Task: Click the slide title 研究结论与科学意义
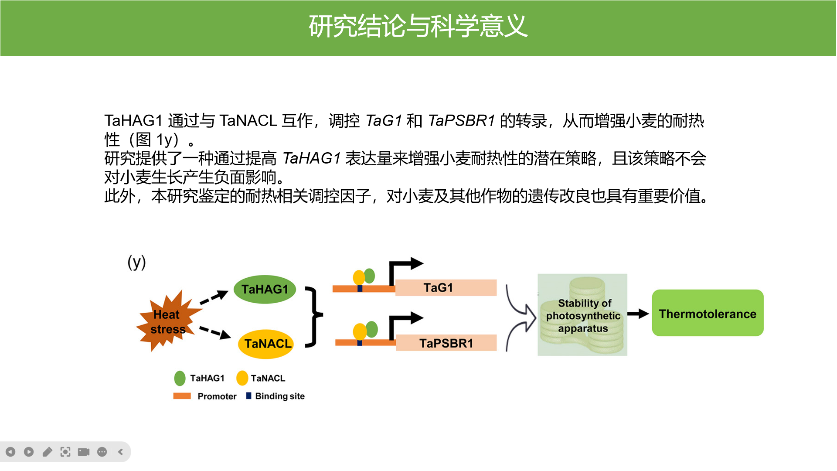pyautogui.click(x=418, y=26)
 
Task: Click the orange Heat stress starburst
pyautogui.click(x=167, y=321)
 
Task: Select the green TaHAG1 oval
pyautogui.click(x=265, y=289)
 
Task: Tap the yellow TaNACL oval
pyautogui.click(x=266, y=344)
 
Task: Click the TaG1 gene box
pyautogui.click(x=446, y=288)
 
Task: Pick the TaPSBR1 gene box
pyautogui.click(x=446, y=343)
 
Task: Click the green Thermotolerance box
pyautogui.click(x=707, y=313)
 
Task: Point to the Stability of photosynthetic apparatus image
pyautogui.click(x=582, y=315)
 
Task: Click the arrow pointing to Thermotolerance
pyautogui.click(x=638, y=314)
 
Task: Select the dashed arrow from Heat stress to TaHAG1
pyautogui.click(x=214, y=297)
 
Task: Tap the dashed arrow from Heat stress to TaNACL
pyautogui.click(x=215, y=332)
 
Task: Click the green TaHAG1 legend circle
pyautogui.click(x=180, y=378)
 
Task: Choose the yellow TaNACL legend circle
pyautogui.click(x=242, y=378)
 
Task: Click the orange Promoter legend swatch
pyautogui.click(x=182, y=396)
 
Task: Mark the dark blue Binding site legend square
pyautogui.click(x=248, y=396)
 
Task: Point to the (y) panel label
pyautogui.click(x=136, y=262)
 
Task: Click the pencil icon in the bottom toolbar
pyautogui.click(x=47, y=452)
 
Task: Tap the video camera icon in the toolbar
pyautogui.click(x=84, y=452)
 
